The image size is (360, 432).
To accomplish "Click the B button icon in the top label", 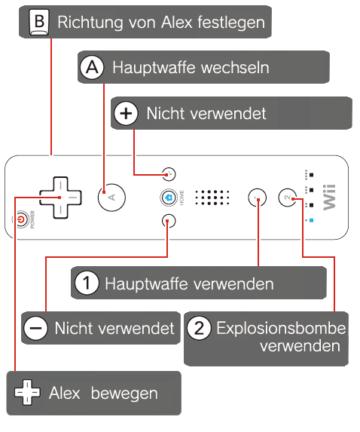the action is pos(39,22).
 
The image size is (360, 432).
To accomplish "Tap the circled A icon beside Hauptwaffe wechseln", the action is pos(92,67).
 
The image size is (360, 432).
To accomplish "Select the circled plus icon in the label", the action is pos(126,113).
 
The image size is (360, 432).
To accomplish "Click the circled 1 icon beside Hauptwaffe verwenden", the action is pos(87,283).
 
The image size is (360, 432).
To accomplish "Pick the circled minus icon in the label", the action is pos(36,328).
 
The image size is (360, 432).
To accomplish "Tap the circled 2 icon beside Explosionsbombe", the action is pos(199,328).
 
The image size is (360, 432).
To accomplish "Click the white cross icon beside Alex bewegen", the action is pos(27,392).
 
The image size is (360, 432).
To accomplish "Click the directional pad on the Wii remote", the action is pos(60,198).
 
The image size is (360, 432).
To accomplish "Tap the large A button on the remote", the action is pos(111,198).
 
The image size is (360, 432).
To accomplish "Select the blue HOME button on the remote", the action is pos(169,198).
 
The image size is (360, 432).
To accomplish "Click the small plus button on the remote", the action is pos(169,174).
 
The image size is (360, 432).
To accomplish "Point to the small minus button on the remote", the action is pos(169,221).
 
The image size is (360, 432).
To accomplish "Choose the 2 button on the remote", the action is pos(288,198).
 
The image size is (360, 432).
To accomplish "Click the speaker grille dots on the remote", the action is pos(212,198).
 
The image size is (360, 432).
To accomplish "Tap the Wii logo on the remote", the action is pos(329,198).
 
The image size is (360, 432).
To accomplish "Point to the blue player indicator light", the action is pos(311,220).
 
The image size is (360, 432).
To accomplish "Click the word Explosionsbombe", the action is pos(281,328).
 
